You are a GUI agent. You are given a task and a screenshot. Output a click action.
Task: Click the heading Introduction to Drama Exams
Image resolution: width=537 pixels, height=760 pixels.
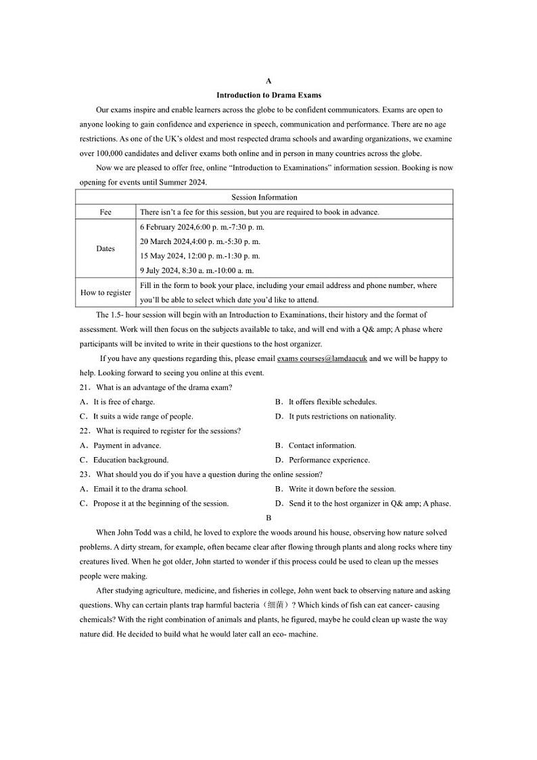click(x=268, y=95)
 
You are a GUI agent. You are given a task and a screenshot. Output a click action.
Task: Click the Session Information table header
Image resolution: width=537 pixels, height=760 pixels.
click(x=264, y=197)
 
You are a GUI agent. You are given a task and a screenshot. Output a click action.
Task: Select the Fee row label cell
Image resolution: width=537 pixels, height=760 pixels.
click(x=106, y=212)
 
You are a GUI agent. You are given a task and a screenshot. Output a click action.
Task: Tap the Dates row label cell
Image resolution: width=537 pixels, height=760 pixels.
click(x=106, y=249)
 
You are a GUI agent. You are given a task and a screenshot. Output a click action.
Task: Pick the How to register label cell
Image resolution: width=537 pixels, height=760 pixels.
click(x=106, y=293)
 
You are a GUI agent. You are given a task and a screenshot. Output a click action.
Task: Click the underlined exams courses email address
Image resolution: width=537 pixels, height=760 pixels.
click(x=322, y=359)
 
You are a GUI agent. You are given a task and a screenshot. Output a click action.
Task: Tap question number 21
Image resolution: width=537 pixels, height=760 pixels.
click(x=85, y=387)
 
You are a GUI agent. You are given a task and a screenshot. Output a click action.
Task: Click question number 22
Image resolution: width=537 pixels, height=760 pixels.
click(x=85, y=431)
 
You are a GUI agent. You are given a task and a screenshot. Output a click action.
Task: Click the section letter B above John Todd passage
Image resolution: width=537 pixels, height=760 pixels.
click(x=268, y=518)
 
